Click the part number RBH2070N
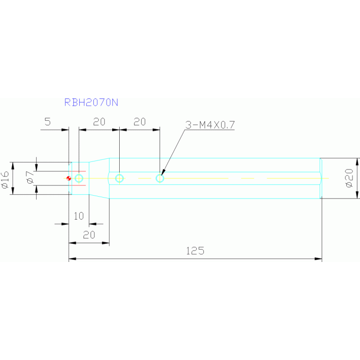91,102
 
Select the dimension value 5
47,122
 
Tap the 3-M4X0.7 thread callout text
210,125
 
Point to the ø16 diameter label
5,180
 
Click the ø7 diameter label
30,177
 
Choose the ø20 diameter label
349,178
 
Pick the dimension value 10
79,216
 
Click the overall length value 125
195,251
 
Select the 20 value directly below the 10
89,235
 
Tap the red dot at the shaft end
69,178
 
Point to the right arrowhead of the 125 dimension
318,259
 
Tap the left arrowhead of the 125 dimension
72,259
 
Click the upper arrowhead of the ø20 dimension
357,161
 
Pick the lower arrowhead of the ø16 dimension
13,191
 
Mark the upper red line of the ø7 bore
79,171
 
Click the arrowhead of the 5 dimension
65,130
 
